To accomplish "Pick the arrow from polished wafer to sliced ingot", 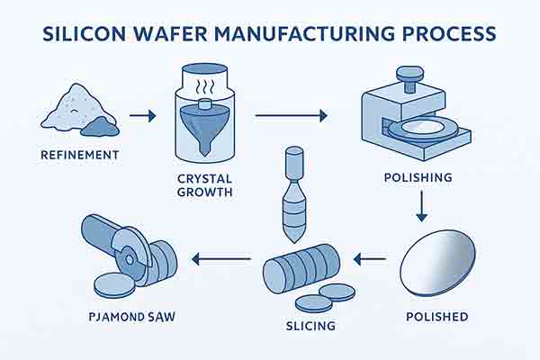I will [369, 261].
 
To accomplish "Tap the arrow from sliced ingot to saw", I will [220, 261].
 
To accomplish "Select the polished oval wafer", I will [436, 262].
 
